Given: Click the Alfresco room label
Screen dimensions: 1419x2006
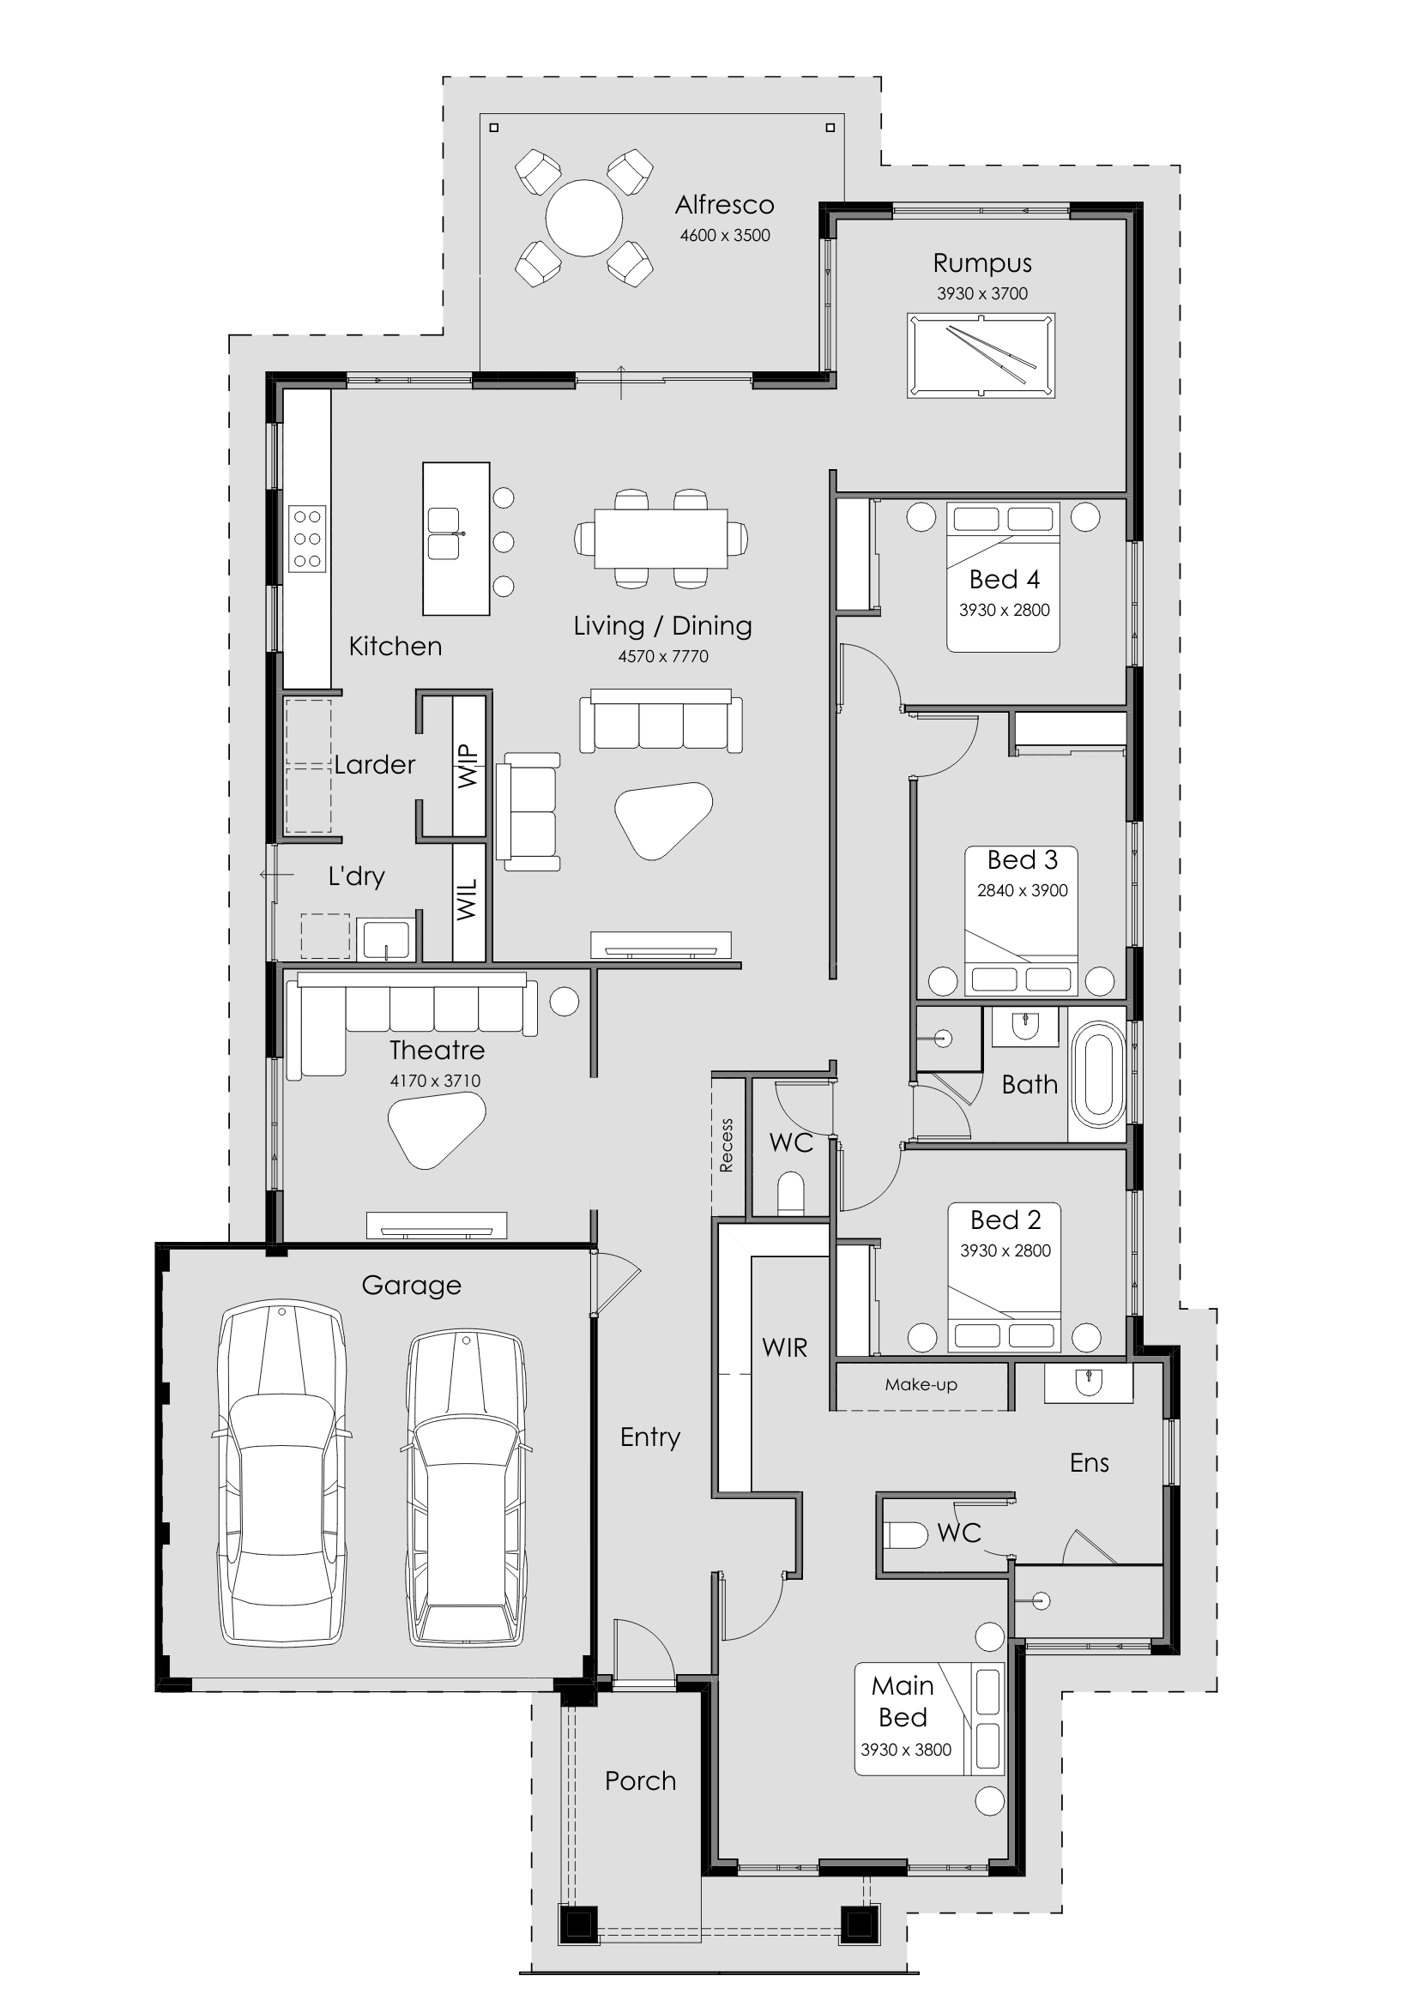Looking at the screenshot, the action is click(x=724, y=204).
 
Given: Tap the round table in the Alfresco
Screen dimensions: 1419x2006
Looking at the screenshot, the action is click(x=583, y=218).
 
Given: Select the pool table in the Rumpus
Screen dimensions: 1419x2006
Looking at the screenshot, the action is click(x=981, y=356).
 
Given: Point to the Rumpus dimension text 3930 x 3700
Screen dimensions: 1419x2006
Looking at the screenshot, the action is click(x=982, y=293).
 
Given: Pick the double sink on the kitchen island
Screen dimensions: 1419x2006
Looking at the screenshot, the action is click(x=444, y=533).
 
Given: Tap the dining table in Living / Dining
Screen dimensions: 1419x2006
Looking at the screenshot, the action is click(x=661, y=539).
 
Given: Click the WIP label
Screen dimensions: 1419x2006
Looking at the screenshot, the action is click(x=468, y=766).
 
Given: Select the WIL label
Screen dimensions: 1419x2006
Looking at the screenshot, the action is click(x=468, y=900).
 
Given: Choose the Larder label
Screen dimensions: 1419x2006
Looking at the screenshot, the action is click(x=374, y=764).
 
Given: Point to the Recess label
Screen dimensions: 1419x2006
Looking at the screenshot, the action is click(x=726, y=1146).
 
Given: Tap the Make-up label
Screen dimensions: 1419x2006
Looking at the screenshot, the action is click(x=921, y=1384).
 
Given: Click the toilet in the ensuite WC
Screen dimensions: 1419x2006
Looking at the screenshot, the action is click(x=905, y=1535).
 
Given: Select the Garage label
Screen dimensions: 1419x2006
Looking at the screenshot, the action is click(x=411, y=1286).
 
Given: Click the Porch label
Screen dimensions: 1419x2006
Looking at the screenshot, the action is click(x=641, y=1780).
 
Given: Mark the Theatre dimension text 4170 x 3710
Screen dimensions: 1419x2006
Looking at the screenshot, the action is click(x=435, y=1081).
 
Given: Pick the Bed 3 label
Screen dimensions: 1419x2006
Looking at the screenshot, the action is click(x=1023, y=859).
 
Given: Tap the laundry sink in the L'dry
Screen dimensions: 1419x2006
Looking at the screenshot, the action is click(x=385, y=939).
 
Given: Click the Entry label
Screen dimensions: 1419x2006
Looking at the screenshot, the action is click(x=650, y=1438).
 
